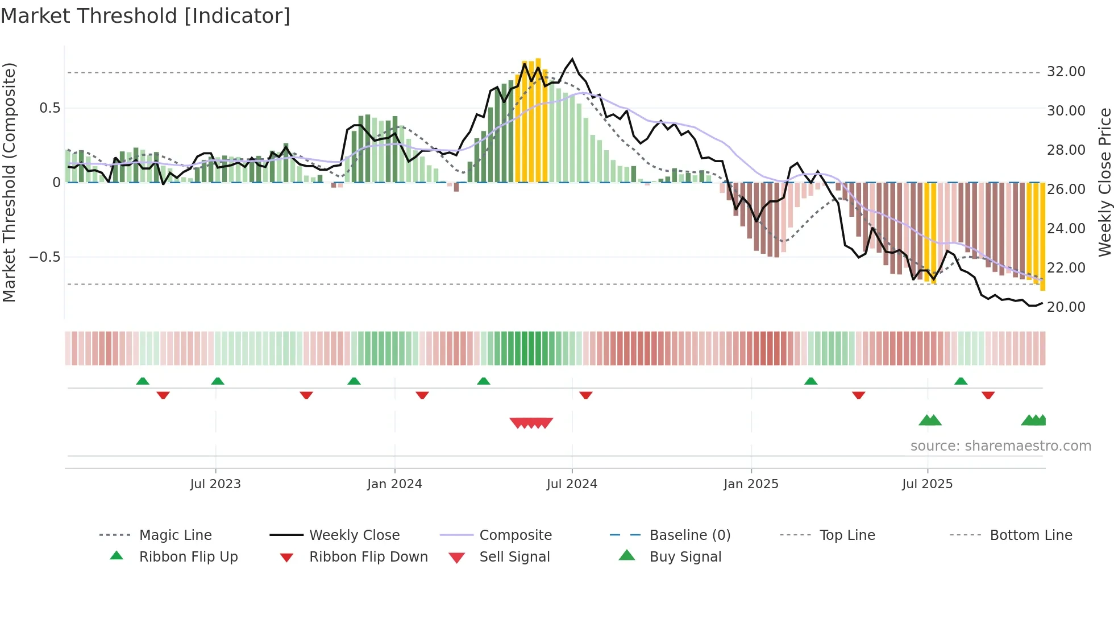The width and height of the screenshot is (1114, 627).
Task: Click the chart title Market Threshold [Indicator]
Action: (x=146, y=16)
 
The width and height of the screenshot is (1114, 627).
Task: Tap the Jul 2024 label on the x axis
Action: (x=572, y=484)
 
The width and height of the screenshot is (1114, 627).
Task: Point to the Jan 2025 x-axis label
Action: (x=751, y=484)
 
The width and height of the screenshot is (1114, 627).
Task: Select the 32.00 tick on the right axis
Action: (x=1066, y=72)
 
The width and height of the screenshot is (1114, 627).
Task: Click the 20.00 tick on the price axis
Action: (x=1066, y=307)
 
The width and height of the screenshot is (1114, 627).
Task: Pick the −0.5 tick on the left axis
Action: (x=44, y=257)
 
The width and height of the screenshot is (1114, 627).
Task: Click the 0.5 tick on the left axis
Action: (x=49, y=108)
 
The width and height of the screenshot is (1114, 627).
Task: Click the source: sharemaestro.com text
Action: (x=1000, y=446)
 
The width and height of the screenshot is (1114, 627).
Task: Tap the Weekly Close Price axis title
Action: (x=1104, y=182)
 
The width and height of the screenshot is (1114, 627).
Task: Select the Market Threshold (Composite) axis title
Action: (x=9, y=182)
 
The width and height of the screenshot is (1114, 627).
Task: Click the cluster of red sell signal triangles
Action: (x=531, y=423)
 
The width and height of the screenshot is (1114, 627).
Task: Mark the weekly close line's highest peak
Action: (x=572, y=59)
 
